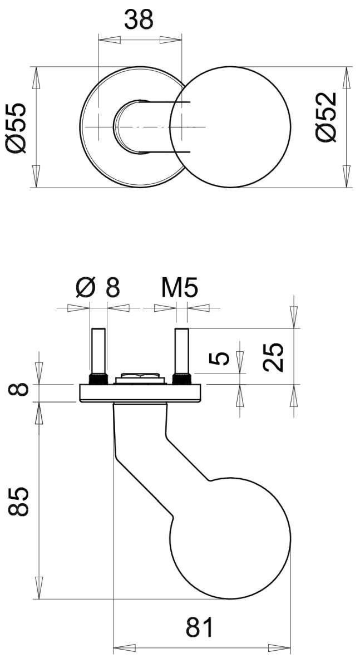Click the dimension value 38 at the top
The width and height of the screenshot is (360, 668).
point(139,19)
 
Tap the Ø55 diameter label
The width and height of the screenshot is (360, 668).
point(16,127)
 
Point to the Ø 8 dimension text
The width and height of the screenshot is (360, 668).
point(98,287)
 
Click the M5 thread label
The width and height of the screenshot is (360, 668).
point(179,287)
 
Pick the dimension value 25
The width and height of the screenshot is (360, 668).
point(273,357)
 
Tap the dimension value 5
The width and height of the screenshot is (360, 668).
point(219,358)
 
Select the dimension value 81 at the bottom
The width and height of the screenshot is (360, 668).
point(200,627)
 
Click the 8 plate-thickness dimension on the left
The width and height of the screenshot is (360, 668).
point(18,390)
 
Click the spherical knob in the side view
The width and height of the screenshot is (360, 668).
point(230,539)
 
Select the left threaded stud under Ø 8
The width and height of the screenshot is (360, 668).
point(98,356)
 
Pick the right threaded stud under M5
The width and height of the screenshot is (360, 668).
point(182,356)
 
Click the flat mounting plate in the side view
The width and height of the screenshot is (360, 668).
point(140,393)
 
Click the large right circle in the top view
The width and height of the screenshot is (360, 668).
point(230,127)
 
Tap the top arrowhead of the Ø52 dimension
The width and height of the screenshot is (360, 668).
point(346,77)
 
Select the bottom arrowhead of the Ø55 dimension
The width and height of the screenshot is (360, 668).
point(36,176)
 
